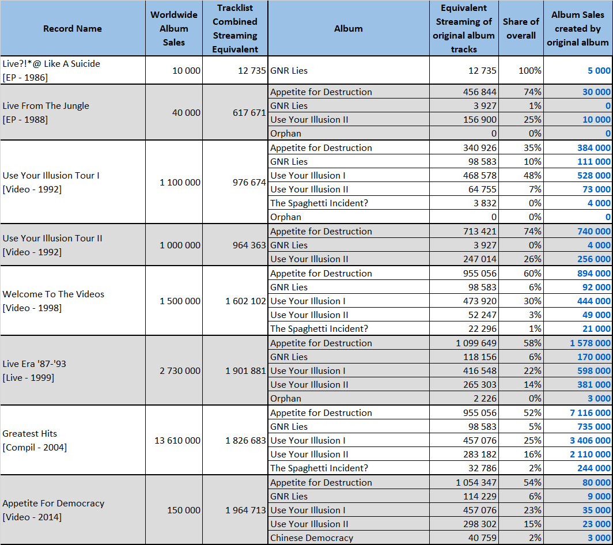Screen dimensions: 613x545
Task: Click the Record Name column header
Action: pos(73,29)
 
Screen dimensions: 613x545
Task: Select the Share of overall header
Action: pos(521,29)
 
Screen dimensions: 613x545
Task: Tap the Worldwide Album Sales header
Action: pos(174,29)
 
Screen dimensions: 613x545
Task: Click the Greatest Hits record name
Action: pos(35,440)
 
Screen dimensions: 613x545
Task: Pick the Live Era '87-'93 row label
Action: pos(35,370)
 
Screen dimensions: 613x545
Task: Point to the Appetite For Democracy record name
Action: pos(54,510)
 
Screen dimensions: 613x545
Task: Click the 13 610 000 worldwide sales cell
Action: pos(177,440)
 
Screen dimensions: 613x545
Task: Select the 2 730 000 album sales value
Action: pos(180,370)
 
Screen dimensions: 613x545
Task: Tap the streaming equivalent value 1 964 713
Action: pos(245,510)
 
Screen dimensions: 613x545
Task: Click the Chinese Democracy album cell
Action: pos(312,538)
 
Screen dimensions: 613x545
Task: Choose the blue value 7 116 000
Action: pos(590,412)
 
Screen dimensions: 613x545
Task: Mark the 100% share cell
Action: pos(529,70)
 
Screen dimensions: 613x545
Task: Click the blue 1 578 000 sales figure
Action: pos(590,343)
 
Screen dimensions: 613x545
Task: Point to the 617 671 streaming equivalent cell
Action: pos(249,112)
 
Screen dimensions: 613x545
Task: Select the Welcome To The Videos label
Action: pos(54,301)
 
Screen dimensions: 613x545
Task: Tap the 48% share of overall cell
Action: pos(532,176)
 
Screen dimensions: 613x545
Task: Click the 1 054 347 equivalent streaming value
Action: pos(476,482)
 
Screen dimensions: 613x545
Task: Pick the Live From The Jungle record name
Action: pos(46,112)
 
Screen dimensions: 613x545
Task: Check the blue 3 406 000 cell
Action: pos(590,440)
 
